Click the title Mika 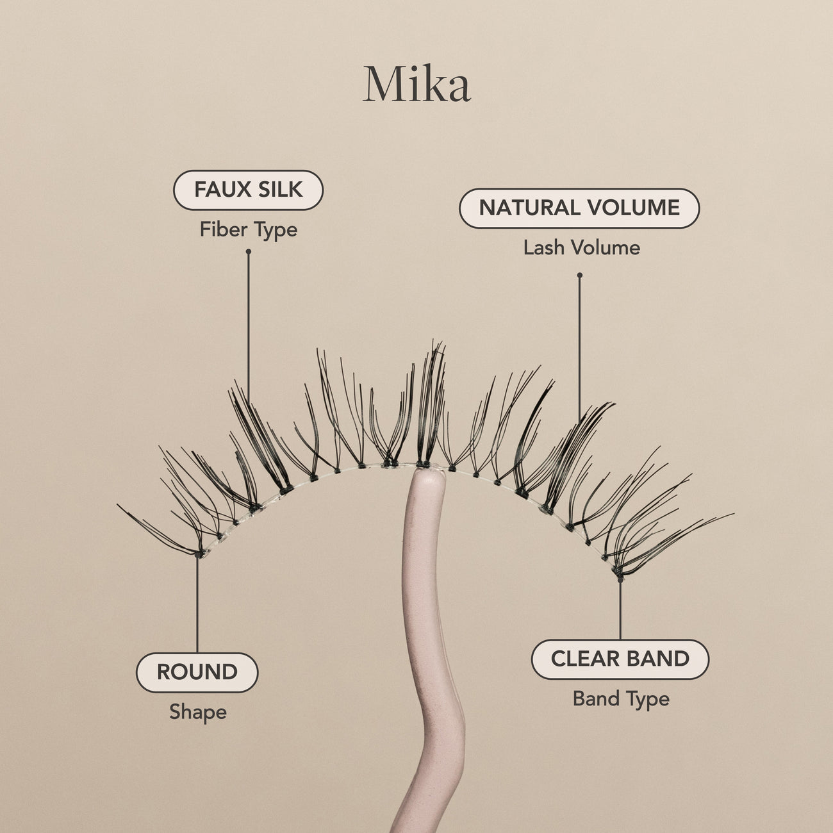click(x=416, y=85)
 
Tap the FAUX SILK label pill click(x=248, y=190)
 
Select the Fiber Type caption click(x=248, y=229)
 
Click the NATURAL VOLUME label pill click(x=579, y=208)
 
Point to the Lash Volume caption click(x=581, y=248)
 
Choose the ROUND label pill click(x=197, y=672)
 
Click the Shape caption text click(x=197, y=712)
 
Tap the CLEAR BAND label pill click(x=620, y=659)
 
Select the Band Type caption click(x=620, y=698)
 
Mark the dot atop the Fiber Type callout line click(x=249, y=252)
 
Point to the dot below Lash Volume click(x=580, y=276)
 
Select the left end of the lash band click(x=200, y=554)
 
